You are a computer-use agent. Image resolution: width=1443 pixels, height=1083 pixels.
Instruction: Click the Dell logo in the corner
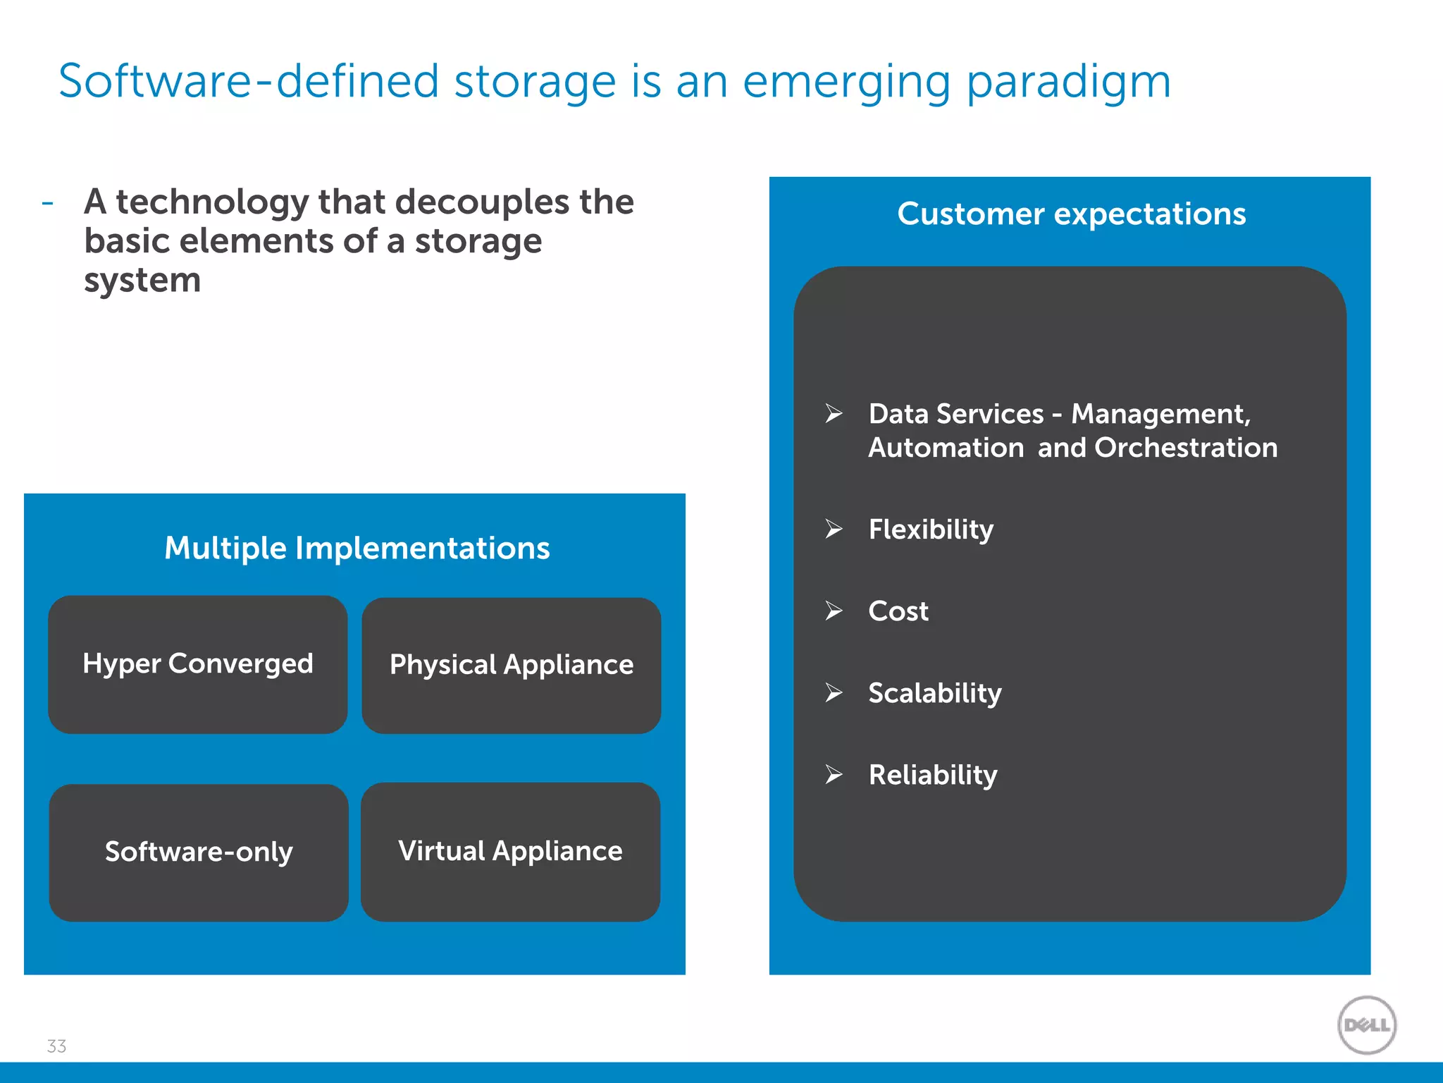click(1366, 1024)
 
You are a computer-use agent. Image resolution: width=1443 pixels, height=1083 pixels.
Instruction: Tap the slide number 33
click(56, 1046)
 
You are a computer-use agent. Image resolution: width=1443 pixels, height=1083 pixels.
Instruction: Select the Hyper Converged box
click(198, 664)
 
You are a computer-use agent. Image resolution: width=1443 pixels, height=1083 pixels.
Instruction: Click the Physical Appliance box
click(512, 665)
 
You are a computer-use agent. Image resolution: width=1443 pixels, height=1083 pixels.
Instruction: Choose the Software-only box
click(199, 852)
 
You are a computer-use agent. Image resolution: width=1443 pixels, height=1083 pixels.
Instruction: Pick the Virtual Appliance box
click(511, 851)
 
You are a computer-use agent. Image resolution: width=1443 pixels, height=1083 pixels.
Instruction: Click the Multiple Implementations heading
click(357, 548)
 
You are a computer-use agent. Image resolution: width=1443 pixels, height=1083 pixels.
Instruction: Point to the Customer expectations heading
click(1071, 214)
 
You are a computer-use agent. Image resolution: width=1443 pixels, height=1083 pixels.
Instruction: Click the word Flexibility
click(931, 530)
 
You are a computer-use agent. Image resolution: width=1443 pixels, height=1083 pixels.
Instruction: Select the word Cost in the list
click(898, 611)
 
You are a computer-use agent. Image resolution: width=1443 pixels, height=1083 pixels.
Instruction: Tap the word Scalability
click(935, 693)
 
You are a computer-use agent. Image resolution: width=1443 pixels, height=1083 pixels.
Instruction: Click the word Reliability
click(933, 775)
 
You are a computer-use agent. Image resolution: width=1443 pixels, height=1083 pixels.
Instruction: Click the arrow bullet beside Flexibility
click(834, 529)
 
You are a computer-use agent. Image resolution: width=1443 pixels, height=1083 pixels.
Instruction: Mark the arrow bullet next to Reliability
click(834, 774)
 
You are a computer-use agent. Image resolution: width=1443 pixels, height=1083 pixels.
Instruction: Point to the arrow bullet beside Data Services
click(834, 413)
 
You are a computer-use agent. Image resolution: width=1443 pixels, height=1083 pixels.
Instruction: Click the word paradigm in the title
click(1068, 82)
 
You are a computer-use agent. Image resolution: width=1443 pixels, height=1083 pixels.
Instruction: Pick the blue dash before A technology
click(48, 203)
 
